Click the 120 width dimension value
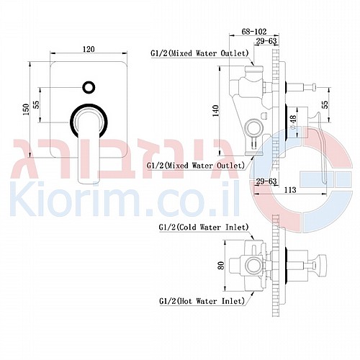(x=89, y=49)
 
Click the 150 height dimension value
(x=26, y=109)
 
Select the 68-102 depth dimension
(x=254, y=32)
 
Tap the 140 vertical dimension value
(x=216, y=111)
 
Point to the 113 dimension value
(x=290, y=190)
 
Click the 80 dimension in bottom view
(x=221, y=265)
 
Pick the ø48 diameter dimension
(x=293, y=122)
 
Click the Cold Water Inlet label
(x=204, y=227)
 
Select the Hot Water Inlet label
(x=202, y=301)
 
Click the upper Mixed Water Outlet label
(x=199, y=53)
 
